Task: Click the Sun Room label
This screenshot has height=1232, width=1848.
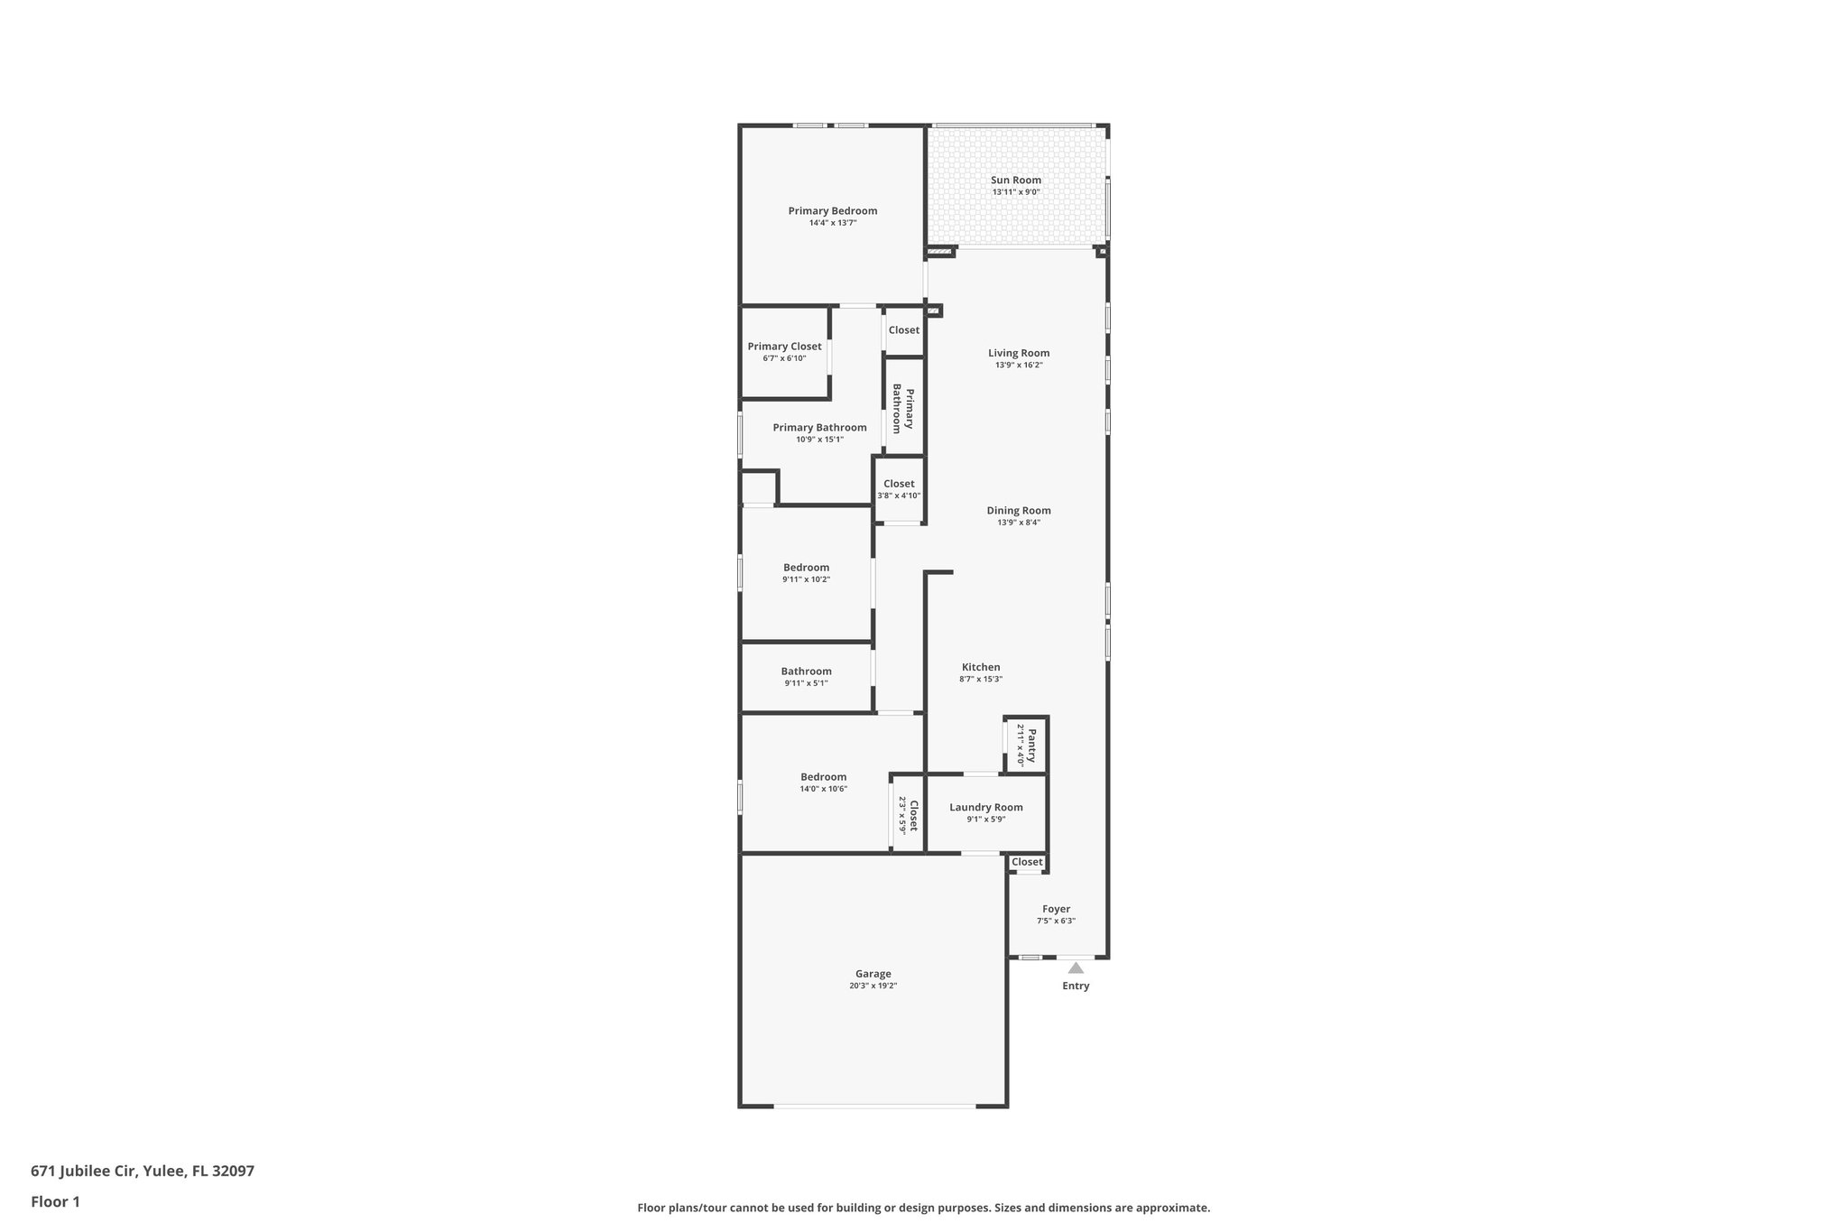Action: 1016,181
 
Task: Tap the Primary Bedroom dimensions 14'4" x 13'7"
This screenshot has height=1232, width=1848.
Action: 832,223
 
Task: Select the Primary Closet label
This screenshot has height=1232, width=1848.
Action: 784,347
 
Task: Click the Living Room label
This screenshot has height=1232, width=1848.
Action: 1019,354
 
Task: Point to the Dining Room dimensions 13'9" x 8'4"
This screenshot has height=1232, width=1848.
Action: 1019,523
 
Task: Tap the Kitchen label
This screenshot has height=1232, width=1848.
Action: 981,668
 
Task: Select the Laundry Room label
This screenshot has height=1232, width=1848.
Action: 985,808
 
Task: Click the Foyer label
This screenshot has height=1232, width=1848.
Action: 1056,910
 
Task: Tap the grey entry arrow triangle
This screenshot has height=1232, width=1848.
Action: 1076,968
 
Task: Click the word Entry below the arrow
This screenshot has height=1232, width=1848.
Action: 1076,987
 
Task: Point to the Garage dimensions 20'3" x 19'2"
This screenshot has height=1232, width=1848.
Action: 873,987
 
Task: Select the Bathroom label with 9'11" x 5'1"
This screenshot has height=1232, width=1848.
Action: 806,672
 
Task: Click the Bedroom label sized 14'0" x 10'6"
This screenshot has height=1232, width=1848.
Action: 823,777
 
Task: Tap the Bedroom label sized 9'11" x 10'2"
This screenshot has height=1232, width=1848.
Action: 806,568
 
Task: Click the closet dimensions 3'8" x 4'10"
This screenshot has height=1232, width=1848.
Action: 899,496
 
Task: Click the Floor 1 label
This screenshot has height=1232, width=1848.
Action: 55,1202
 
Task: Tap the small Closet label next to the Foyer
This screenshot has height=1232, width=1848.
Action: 1027,862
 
